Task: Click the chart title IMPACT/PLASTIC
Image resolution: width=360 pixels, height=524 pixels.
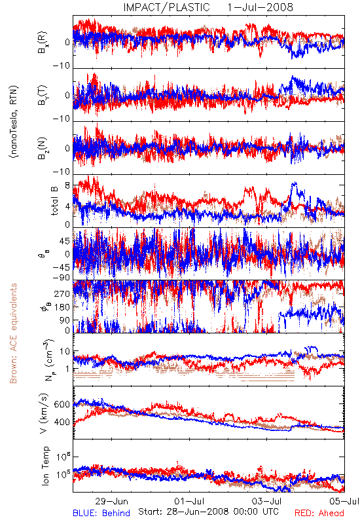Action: (x=166, y=7)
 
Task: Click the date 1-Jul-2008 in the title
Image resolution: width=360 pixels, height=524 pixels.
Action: (x=260, y=7)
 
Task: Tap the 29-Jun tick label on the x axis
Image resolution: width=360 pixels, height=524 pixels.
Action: (x=111, y=501)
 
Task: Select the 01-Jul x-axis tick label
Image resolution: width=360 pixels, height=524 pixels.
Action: (x=189, y=501)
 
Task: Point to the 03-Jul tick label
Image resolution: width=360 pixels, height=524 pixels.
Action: (x=267, y=501)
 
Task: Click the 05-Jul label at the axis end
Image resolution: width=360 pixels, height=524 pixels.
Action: (x=344, y=501)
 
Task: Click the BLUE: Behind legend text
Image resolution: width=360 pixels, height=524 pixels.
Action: (x=101, y=514)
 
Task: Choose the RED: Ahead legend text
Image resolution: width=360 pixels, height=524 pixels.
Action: (x=319, y=514)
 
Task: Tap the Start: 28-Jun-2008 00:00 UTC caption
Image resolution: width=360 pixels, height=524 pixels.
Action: (x=208, y=512)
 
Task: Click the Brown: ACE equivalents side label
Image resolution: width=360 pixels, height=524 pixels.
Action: (x=13, y=333)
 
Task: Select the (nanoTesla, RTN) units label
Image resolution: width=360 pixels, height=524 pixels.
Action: (x=14, y=122)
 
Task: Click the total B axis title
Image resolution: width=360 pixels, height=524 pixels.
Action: (x=54, y=200)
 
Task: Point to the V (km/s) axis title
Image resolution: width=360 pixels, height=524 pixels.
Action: (x=44, y=413)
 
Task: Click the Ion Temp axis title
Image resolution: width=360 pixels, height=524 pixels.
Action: (x=45, y=465)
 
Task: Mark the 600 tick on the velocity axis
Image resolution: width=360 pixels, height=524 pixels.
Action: (x=62, y=404)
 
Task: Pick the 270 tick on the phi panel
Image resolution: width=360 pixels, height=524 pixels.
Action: (x=62, y=294)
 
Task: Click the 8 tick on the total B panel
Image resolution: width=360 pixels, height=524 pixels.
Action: (x=67, y=186)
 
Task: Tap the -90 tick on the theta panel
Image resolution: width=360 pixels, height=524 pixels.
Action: (x=62, y=278)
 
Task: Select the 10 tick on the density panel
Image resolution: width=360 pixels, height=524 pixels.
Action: (x=65, y=352)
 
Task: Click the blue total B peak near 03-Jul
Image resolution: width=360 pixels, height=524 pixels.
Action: (x=295, y=183)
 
